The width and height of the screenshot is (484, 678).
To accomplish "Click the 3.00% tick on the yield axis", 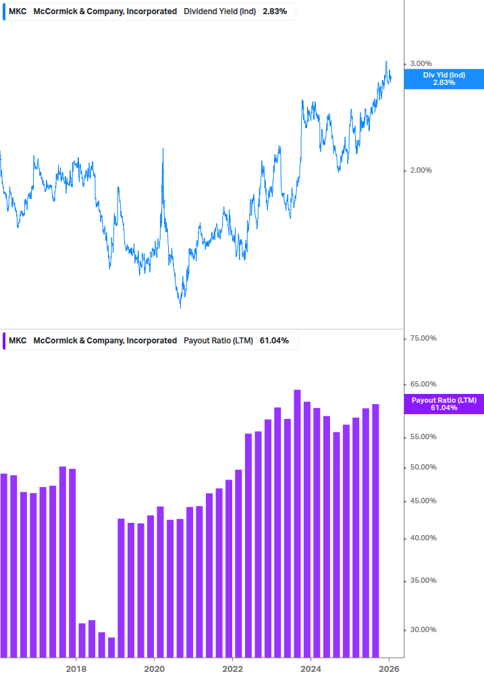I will coord(421,63).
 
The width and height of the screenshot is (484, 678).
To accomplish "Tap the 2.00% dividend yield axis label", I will coord(421,170).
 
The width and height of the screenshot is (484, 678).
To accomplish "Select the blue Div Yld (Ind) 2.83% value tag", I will coord(443,78).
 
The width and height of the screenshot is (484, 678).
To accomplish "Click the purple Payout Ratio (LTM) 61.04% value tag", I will coord(443,404).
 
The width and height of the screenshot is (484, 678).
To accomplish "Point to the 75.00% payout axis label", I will coord(423,338).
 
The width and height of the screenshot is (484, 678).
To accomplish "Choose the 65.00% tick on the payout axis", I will coord(423,384).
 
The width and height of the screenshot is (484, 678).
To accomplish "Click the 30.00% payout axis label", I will coord(423,629).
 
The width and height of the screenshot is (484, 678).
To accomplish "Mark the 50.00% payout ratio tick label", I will coord(423,467).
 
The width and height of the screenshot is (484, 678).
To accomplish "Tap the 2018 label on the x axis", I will coord(76,669).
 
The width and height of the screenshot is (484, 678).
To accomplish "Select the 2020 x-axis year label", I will coord(155,669).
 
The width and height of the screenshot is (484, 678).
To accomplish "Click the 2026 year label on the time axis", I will coord(389,669).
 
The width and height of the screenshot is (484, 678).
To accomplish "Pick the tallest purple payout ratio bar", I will coord(297,523).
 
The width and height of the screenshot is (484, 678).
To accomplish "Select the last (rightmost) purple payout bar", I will coord(375,530).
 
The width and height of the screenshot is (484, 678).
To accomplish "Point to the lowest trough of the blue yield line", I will coord(180,307).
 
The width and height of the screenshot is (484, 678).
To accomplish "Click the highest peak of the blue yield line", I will coord(387,61).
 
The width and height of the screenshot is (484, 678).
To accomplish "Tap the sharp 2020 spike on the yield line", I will coord(163,149).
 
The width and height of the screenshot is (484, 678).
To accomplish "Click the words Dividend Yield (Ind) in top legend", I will coord(219,11).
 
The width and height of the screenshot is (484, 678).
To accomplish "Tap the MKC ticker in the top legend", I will coord(18,11).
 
